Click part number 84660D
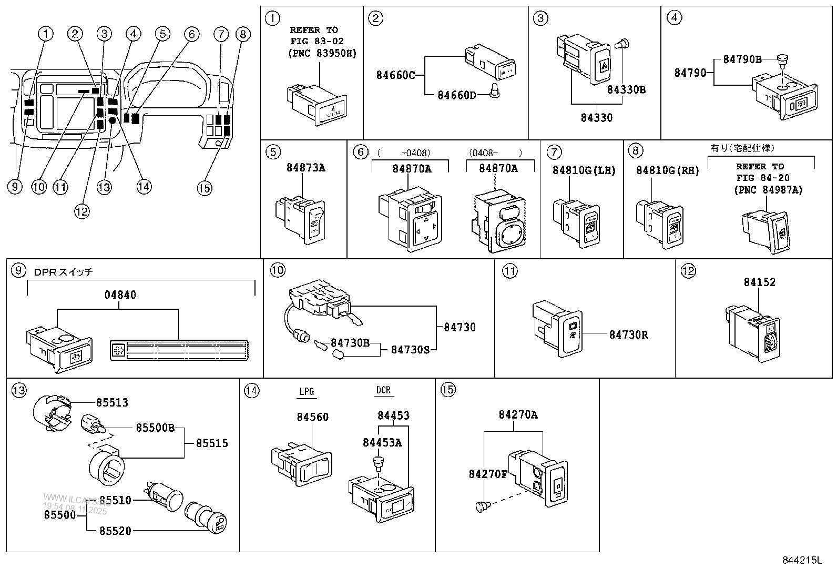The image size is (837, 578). point(456,95)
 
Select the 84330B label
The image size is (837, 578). point(626,89)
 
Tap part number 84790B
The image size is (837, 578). point(742,59)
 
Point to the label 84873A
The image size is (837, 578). point(305,168)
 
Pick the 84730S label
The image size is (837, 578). point(410,349)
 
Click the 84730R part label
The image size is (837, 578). point(628,334)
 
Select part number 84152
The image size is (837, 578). point(759,282)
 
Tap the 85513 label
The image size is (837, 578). point(111,402)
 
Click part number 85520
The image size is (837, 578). point(116,531)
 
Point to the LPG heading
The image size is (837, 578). point(307,391)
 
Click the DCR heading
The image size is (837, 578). point(383,390)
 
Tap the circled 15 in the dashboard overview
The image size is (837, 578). point(205,187)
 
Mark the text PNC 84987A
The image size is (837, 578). point(768,190)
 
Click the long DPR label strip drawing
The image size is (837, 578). point(179,350)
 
